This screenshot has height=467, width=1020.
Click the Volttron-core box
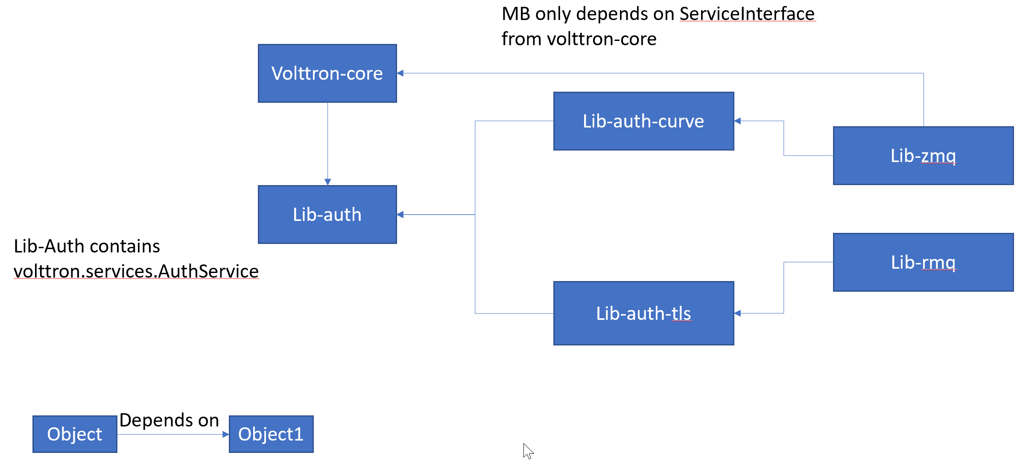327,73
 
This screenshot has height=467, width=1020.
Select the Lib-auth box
327,215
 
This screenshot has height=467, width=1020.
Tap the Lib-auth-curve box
643,121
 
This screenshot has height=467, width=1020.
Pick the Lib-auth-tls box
643,313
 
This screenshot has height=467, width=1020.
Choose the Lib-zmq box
923,156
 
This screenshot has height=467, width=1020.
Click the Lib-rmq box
923,262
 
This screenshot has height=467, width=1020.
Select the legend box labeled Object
75,434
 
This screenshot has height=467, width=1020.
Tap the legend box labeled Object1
271,434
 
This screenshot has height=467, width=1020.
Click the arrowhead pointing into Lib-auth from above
327,182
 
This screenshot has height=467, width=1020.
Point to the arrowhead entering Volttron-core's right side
400,73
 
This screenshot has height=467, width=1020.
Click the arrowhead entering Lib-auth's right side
400,215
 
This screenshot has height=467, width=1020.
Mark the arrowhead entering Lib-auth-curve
738,121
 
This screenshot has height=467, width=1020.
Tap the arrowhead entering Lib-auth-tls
738,313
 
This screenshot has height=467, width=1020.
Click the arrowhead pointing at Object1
226,435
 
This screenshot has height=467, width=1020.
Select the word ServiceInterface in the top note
747,14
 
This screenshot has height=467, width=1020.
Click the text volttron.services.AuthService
136,271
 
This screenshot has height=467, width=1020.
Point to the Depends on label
169,420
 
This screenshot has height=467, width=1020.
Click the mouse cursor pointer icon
528,450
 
